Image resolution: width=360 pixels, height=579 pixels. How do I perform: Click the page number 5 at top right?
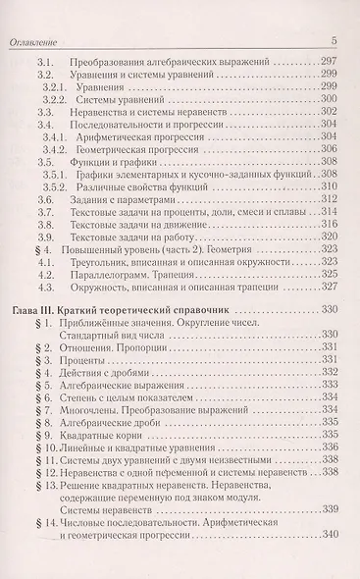tap(334, 39)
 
